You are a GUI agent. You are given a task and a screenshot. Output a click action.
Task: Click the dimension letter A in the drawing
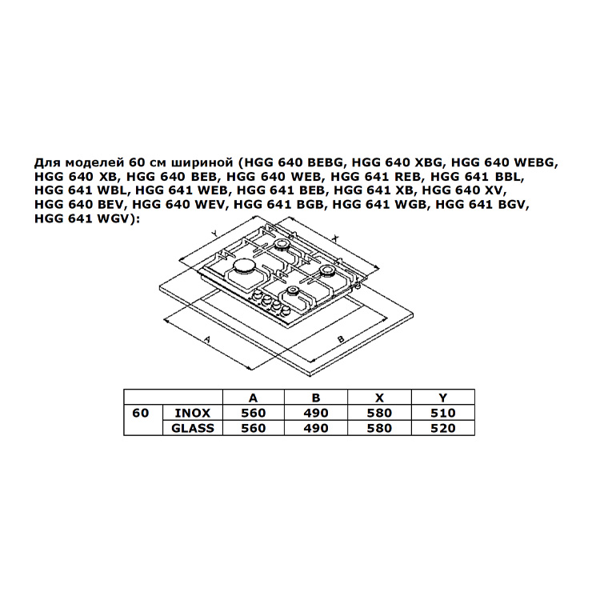(206, 339)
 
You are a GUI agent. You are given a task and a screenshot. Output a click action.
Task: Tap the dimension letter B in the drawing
(341, 339)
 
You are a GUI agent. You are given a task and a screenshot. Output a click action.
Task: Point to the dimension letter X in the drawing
(336, 238)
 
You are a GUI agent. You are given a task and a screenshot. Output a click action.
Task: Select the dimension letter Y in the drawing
(214, 234)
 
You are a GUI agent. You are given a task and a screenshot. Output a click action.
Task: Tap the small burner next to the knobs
(292, 291)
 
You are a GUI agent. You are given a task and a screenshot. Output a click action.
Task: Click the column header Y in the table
(443, 398)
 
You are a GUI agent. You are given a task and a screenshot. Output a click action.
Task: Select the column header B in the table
(316, 398)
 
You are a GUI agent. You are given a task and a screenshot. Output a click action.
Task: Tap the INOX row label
(193, 413)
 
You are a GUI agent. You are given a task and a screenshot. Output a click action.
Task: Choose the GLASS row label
(193, 428)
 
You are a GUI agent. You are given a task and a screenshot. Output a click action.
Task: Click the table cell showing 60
(141, 413)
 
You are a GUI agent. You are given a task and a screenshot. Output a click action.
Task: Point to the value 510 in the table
(443, 413)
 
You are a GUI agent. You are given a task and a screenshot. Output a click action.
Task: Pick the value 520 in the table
(443, 428)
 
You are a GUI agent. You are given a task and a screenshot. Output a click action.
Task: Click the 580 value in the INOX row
(379, 413)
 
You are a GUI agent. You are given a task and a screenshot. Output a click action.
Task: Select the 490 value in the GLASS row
(316, 428)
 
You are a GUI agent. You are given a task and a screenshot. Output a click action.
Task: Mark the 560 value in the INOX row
(254, 413)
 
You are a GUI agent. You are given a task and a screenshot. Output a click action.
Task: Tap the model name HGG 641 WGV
(82, 218)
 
